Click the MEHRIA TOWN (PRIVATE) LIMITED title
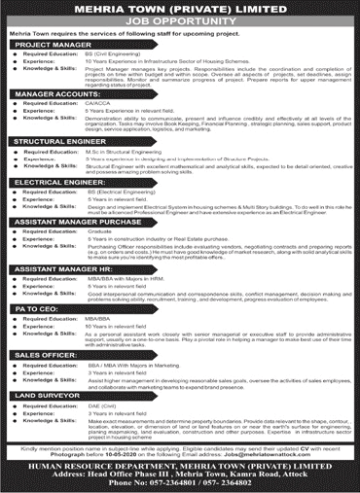179,9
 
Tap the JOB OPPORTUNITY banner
179,20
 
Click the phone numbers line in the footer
179,483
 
